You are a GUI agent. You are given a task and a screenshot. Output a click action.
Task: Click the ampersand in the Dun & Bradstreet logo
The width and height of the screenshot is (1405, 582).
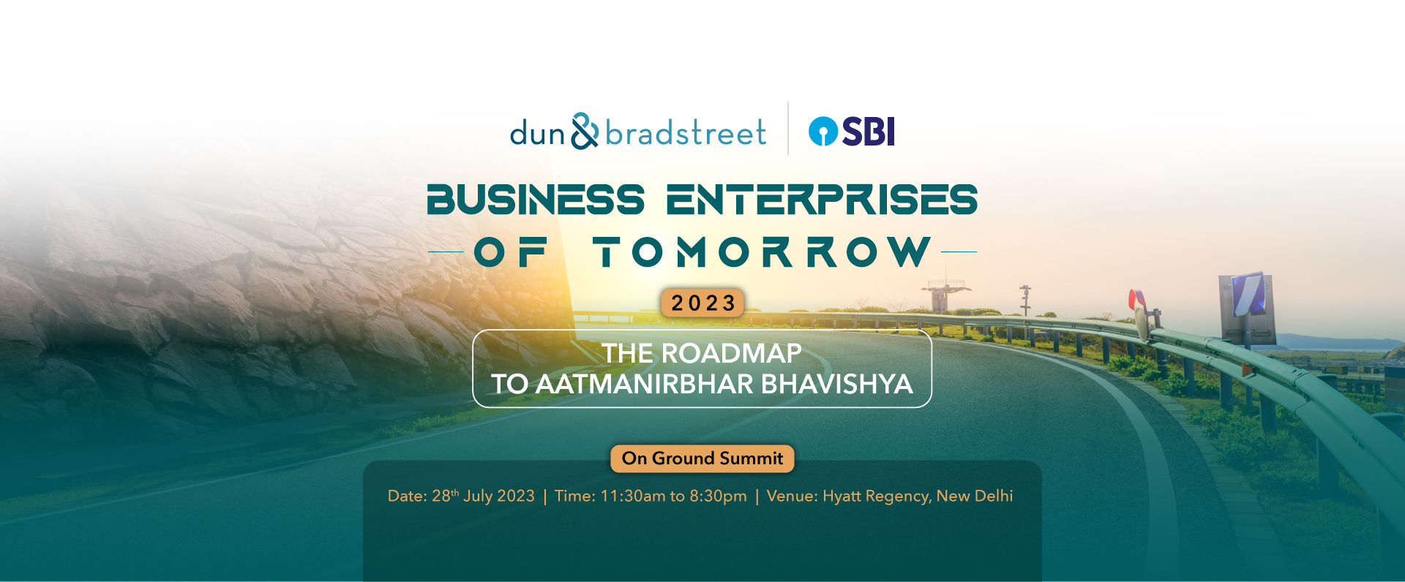pyautogui.click(x=585, y=131)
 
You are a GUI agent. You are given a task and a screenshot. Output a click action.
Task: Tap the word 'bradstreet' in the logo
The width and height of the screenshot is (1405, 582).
pyautogui.click(x=686, y=133)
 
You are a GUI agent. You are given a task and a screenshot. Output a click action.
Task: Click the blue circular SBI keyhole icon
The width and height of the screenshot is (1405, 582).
pyautogui.click(x=823, y=132)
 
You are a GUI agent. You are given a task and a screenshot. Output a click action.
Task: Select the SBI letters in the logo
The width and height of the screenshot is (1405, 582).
pyautogui.click(x=869, y=132)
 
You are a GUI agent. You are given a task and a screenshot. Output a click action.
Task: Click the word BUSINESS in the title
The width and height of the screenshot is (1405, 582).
pyautogui.click(x=536, y=200)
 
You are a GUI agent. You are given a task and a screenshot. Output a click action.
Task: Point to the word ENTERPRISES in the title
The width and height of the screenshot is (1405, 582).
pyautogui.click(x=822, y=200)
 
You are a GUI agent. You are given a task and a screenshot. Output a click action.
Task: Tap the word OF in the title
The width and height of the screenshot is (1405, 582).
pyautogui.click(x=511, y=252)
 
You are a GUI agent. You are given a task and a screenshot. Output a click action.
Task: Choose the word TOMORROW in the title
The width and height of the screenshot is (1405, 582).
pyautogui.click(x=762, y=252)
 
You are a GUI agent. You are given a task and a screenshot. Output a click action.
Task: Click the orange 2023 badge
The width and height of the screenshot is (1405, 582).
pyautogui.click(x=702, y=303)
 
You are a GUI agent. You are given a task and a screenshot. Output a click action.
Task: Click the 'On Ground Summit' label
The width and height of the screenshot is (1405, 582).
pyautogui.click(x=702, y=458)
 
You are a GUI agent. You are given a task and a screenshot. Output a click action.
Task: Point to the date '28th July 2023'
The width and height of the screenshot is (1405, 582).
pyautogui.click(x=483, y=496)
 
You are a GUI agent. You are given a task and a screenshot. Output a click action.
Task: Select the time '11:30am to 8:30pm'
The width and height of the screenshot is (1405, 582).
pyautogui.click(x=673, y=496)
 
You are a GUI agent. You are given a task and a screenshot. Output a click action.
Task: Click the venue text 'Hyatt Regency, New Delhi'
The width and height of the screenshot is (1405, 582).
pyautogui.click(x=918, y=496)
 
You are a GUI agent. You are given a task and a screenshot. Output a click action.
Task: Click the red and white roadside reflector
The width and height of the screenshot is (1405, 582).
pyautogui.click(x=1139, y=306)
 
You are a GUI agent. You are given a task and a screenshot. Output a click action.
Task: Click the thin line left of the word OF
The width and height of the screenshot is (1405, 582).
pyautogui.click(x=446, y=252)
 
